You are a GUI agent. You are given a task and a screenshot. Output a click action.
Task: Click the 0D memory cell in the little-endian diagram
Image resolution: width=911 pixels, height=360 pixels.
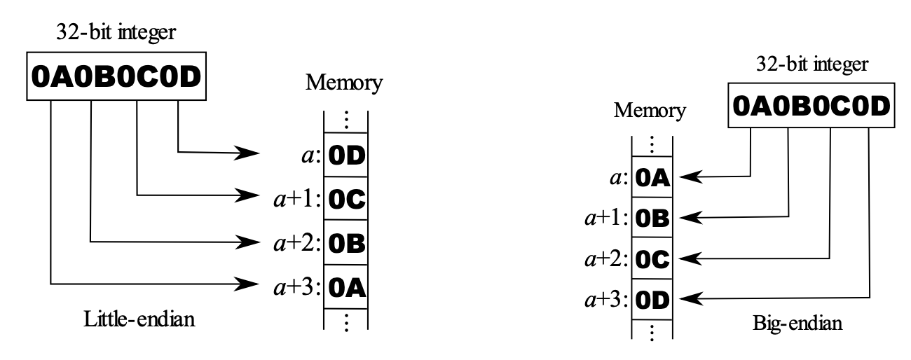pyautogui.click(x=345, y=154)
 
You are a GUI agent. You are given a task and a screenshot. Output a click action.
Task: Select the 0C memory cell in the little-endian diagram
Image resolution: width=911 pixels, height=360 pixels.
pyautogui.click(x=345, y=199)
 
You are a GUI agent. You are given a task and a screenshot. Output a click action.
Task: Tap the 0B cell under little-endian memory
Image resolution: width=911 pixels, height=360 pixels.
pyautogui.click(x=345, y=244)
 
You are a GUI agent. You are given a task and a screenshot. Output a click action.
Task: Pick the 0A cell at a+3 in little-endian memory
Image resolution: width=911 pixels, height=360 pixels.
pyautogui.click(x=345, y=288)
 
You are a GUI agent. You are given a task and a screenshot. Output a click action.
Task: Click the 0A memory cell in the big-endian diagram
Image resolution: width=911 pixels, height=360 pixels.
pyautogui.click(x=652, y=179)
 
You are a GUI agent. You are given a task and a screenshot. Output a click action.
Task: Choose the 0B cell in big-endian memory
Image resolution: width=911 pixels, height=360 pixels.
pyautogui.click(x=652, y=219)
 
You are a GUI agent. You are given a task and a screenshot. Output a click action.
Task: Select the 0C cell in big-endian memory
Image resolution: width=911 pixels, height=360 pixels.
pyautogui.click(x=652, y=260)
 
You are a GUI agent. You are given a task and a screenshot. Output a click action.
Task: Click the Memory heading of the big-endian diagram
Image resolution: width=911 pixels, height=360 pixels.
pyautogui.click(x=650, y=111)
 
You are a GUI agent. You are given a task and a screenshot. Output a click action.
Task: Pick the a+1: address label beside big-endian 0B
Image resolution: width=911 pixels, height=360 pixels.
pyautogui.click(x=605, y=219)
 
